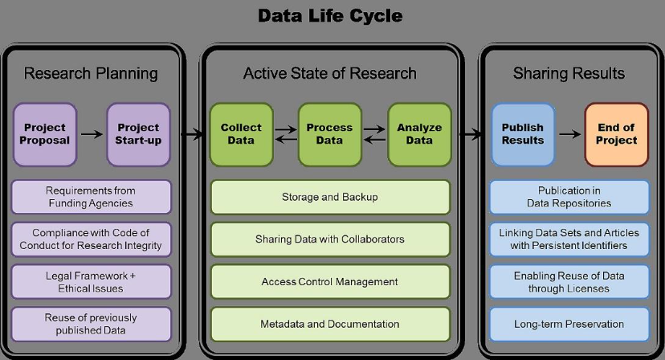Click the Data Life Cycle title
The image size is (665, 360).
pos(330,16)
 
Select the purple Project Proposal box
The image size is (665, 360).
pos(45,134)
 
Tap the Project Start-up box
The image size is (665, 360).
pos(138,134)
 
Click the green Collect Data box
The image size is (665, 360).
pos(241,134)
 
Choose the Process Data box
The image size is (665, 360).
pos(329,134)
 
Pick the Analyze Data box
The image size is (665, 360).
pos(419,134)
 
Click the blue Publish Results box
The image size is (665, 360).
pos(523,134)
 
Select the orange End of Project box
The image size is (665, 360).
pos(616,134)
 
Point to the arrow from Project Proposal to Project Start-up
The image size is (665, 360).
pos(92,134)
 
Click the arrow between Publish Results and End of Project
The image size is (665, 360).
pos(570,134)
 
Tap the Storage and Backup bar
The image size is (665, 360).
pos(330,197)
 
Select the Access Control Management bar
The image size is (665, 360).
pos(330,282)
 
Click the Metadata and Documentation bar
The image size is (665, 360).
pos(330,325)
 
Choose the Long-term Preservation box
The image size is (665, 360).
pos(569,325)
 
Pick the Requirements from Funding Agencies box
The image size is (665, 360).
pos(92,197)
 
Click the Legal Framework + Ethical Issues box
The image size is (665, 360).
pos(92,282)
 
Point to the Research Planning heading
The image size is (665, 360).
pos(91,73)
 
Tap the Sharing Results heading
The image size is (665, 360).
pos(569,73)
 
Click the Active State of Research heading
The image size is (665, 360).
pos(330,73)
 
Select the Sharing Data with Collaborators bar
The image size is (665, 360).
pos(330,239)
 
